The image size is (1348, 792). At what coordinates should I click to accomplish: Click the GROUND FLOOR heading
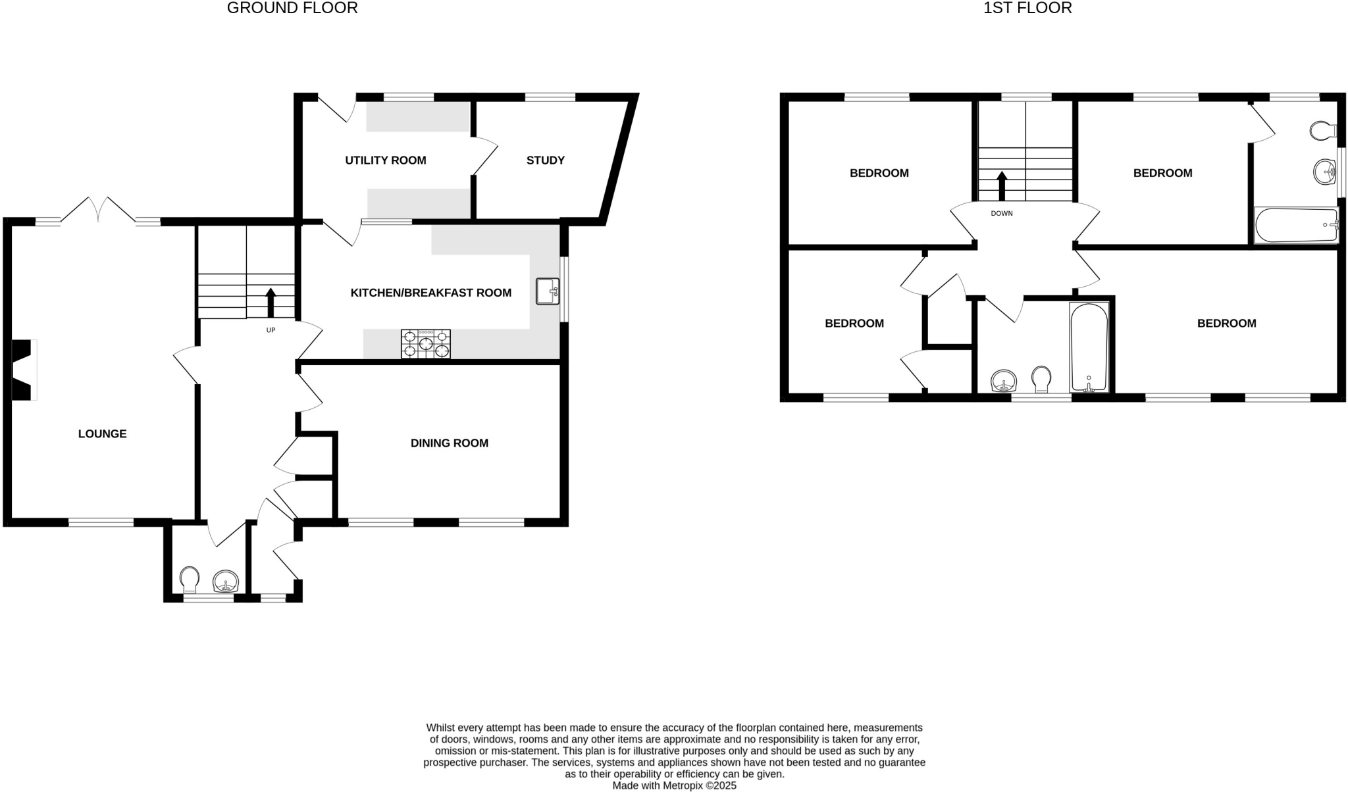pos(292,9)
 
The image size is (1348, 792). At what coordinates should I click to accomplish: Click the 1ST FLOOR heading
pos(1027,9)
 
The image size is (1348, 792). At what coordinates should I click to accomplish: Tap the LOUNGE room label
pos(102,433)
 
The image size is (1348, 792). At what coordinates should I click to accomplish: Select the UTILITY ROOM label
pos(386,160)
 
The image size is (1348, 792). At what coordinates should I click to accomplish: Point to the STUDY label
pos(545,160)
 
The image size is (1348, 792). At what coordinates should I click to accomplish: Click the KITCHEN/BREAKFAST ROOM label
pos(430,293)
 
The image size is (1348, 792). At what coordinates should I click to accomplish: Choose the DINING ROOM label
pos(449,443)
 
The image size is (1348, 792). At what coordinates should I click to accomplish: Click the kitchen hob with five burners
pos(426,344)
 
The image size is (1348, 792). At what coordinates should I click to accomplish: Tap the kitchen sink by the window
pos(547,291)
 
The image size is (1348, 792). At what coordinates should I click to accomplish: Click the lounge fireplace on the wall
pos(23,369)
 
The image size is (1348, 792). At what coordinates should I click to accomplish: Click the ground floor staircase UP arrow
pos(271,303)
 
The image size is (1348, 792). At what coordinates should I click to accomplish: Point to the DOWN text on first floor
pos(1002,213)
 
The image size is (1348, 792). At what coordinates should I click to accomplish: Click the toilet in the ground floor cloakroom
pos(190,578)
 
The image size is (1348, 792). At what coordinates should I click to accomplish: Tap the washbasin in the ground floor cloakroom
pos(225,581)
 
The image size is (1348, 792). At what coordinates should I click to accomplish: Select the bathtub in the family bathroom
pos(1089,347)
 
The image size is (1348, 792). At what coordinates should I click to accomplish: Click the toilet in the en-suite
pos(1320,131)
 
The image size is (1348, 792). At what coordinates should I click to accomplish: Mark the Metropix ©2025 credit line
pos(674,785)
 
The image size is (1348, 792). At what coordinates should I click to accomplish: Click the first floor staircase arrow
pos(1002,186)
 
